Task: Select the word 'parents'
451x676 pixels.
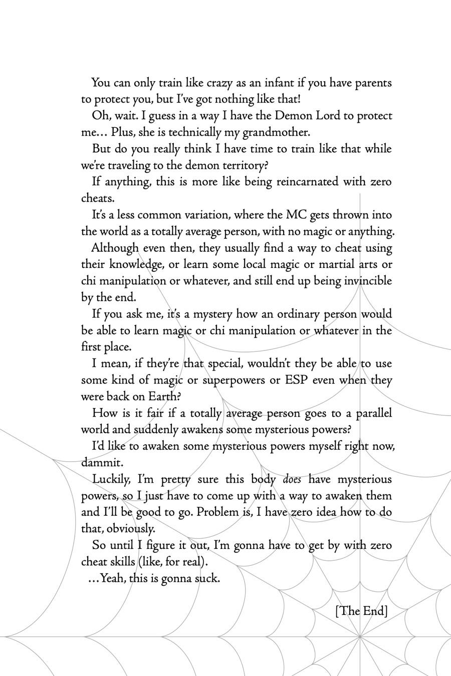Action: click(373, 83)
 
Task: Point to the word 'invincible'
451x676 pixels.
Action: click(368, 281)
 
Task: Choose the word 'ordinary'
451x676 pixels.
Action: click(291, 314)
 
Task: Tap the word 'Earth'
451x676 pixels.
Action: click(162, 397)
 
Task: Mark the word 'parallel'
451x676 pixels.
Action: click(374, 414)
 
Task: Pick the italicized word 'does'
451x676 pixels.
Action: click(292, 480)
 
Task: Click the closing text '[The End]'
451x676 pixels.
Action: click(361, 611)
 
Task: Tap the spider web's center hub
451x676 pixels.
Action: click(360, 637)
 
